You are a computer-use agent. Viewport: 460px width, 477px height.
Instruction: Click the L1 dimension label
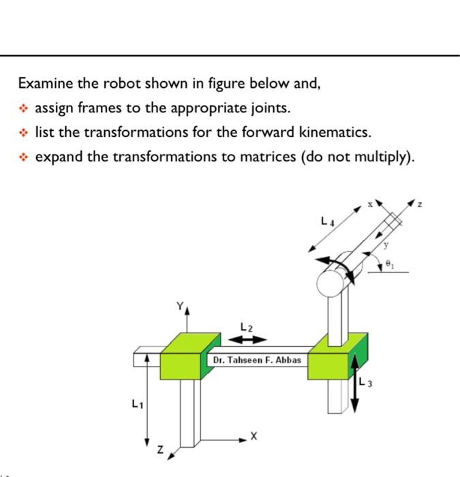137,404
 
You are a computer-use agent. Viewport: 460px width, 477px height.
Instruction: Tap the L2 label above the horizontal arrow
246,328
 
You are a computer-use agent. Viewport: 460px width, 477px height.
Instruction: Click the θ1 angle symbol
389,261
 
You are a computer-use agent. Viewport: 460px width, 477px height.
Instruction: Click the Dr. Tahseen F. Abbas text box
256,359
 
